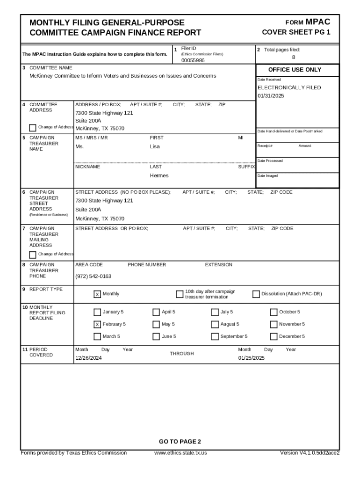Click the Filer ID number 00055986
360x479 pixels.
[x=193, y=61]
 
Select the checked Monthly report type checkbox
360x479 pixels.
[x=97, y=294]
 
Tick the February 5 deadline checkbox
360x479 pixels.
[x=97, y=324]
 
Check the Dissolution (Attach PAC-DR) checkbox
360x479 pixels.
[x=256, y=294]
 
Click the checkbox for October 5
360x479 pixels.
[x=274, y=312]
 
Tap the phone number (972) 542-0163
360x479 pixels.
[x=93, y=276]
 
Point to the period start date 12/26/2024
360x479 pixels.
[x=88, y=358]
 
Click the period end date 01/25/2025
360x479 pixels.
[x=251, y=358]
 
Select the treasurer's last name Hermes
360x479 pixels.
[x=159, y=176]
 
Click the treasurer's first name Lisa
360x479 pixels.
[x=154, y=147]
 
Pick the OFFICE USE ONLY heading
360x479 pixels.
[x=295, y=70]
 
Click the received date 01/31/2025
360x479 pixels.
[x=271, y=96]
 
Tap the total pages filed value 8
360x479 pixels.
[x=294, y=58]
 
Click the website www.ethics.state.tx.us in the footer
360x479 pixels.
[x=180, y=453]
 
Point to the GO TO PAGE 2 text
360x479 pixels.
[x=180, y=442]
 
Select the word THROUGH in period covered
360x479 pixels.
[x=182, y=354]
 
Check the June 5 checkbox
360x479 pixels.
[x=156, y=336]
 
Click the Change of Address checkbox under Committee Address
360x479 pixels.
[x=32, y=128]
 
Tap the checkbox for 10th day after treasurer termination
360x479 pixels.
[x=180, y=294]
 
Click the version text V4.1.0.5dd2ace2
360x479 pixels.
[x=309, y=453]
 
